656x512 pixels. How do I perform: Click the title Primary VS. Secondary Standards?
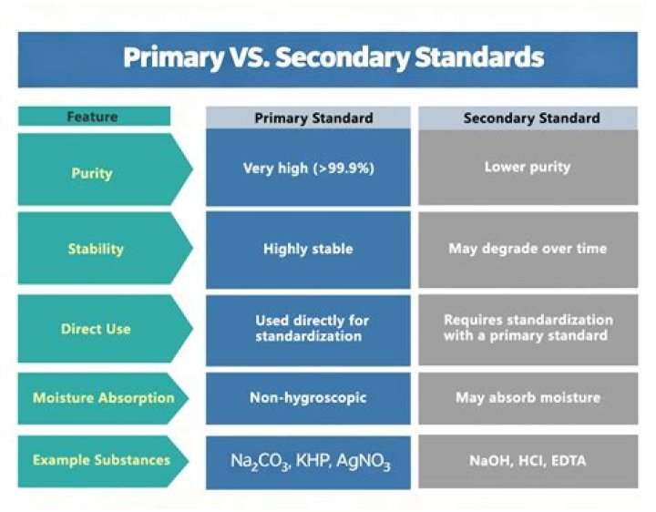[x=333, y=58]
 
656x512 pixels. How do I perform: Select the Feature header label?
[x=92, y=117]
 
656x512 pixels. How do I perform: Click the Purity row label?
[x=92, y=173]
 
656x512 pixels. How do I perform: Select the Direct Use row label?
[x=95, y=328]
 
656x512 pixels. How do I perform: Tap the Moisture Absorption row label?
[x=104, y=398]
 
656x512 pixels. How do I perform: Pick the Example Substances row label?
[x=101, y=460]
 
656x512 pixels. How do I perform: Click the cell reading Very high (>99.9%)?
[x=309, y=168]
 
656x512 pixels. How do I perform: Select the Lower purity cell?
[x=528, y=168]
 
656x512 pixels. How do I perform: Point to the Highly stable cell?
[x=308, y=248]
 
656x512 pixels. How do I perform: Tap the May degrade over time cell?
[x=528, y=248]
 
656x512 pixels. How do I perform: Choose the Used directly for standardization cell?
[x=309, y=328]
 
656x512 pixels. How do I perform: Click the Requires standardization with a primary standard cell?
[x=528, y=328]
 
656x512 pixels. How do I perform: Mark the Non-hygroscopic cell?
[x=308, y=398]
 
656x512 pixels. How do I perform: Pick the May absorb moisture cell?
[x=528, y=398]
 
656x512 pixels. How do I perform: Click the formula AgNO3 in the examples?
[x=362, y=463]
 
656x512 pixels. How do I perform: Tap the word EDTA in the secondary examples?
[x=569, y=461]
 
